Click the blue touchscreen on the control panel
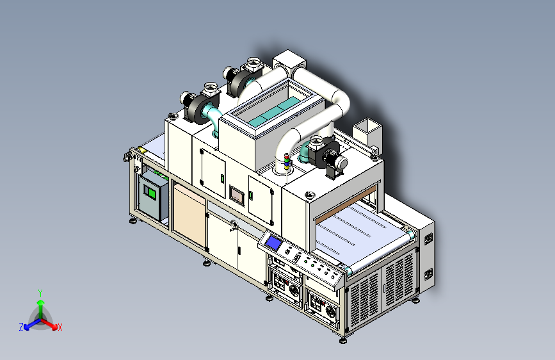273,243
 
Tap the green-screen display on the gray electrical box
152,192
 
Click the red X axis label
60,328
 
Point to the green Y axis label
40,293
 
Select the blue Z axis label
21,327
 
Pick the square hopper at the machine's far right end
366,131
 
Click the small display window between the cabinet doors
237,195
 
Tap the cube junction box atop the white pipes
289,65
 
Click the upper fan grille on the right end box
428,238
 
